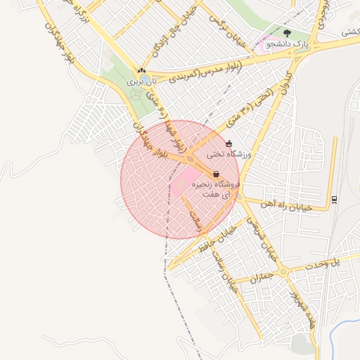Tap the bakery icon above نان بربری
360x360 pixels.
tap(142, 71)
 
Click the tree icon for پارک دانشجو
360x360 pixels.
tap(286, 32)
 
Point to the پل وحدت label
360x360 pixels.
tap(330, 264)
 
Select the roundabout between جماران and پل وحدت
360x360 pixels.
tap(283, 271)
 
